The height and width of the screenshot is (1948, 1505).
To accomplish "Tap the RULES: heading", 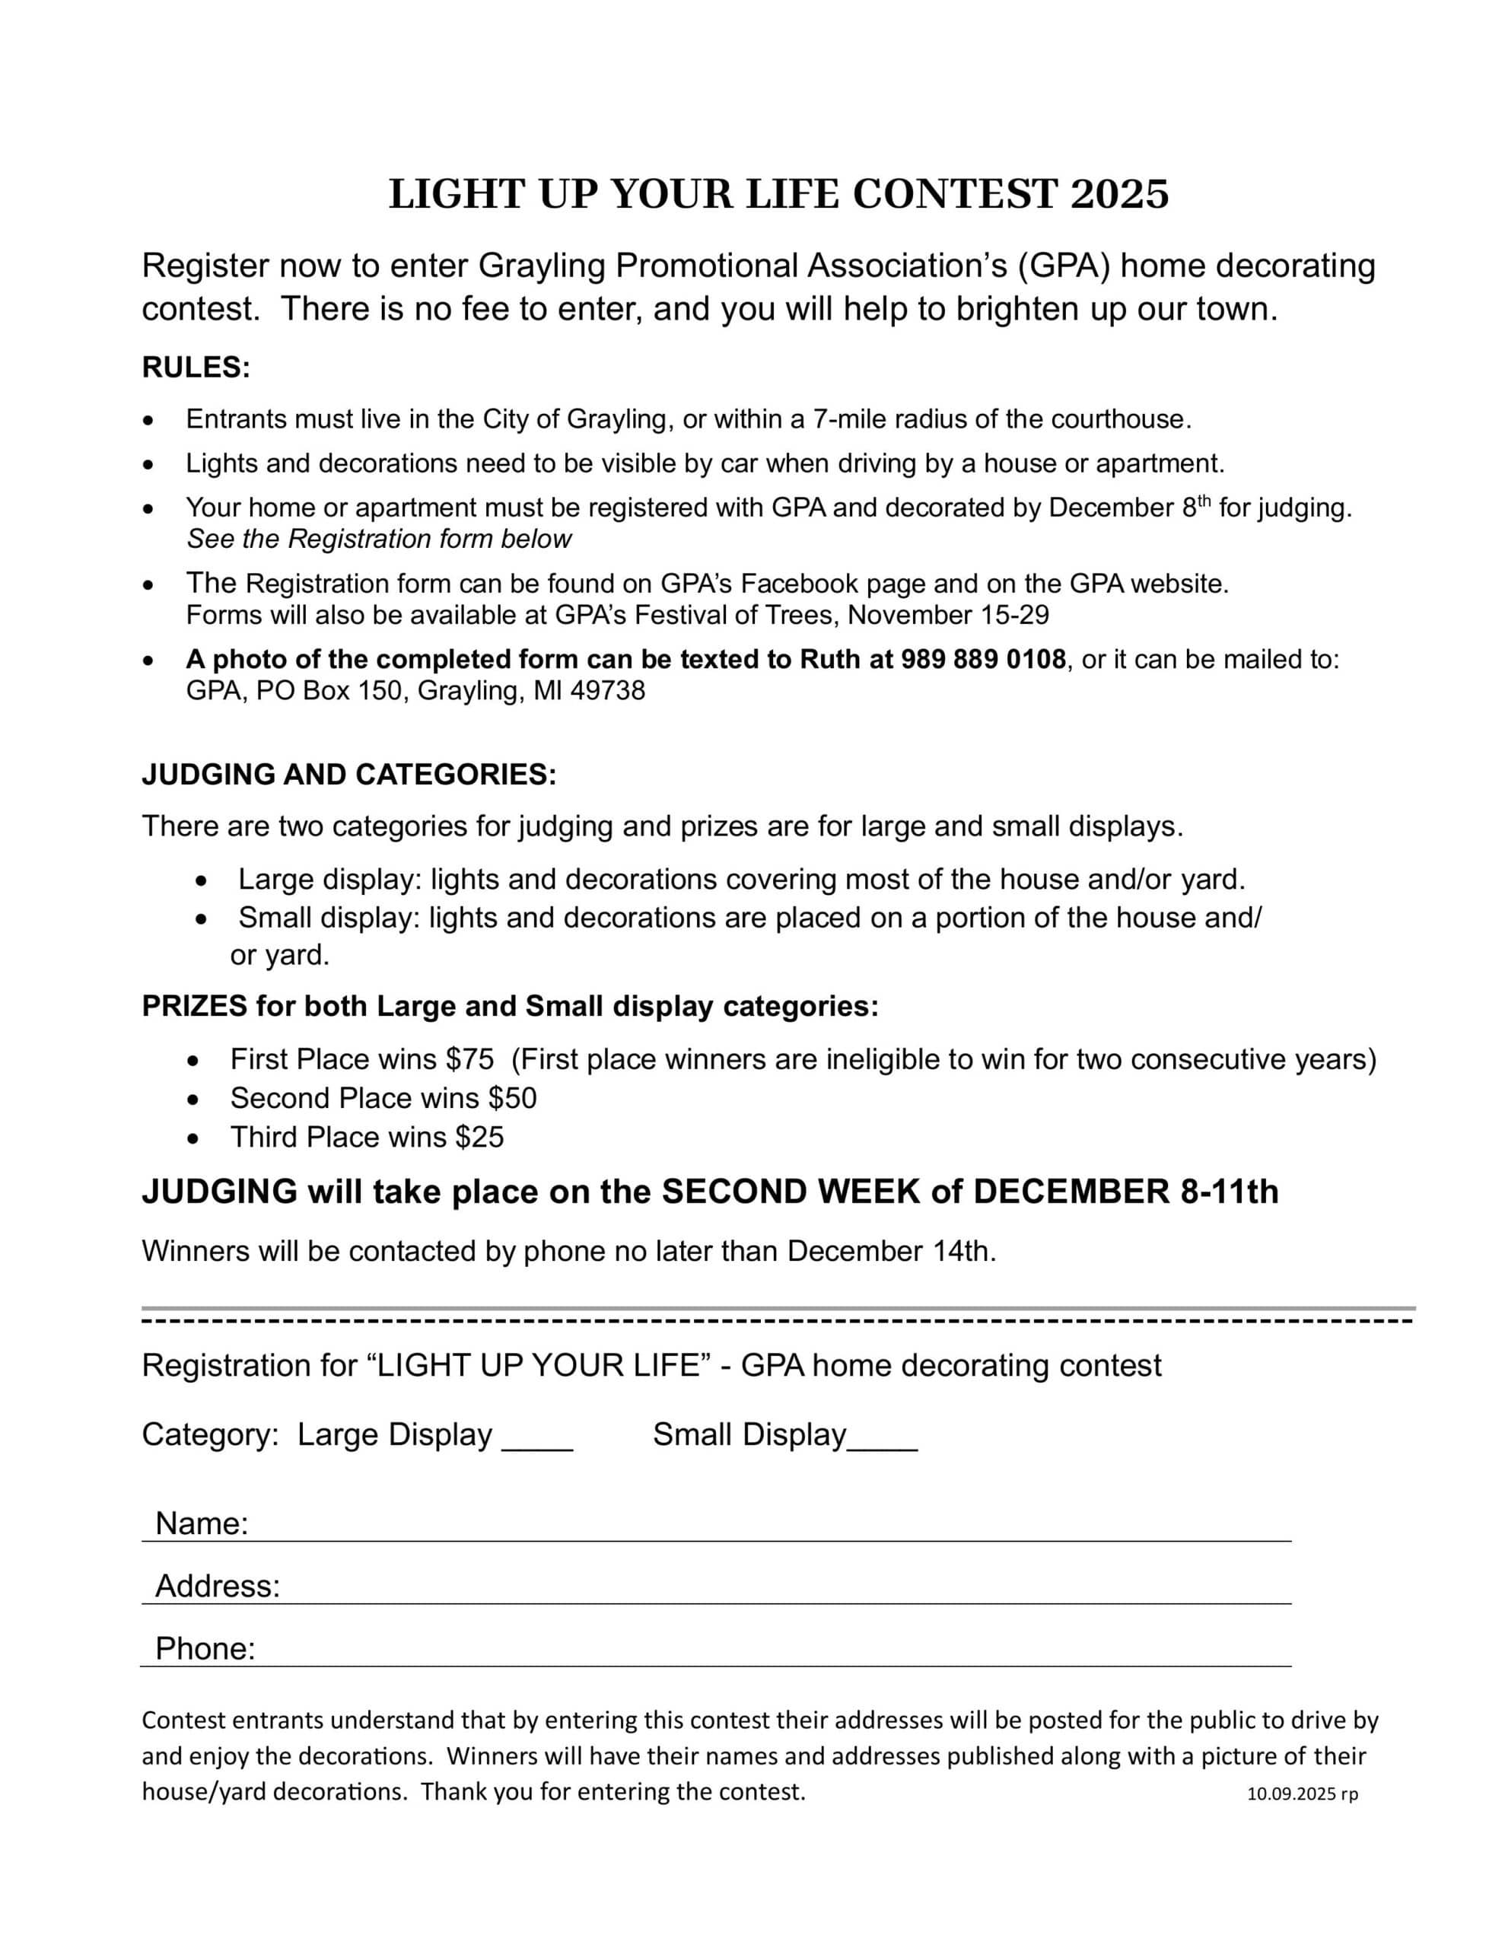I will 196,368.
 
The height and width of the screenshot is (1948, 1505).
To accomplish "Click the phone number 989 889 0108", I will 983,659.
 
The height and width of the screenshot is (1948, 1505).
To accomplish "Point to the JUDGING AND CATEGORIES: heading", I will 348,774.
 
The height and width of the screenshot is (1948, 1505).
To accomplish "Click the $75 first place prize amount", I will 469,1060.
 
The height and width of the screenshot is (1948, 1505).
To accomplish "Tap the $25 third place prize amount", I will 479,1138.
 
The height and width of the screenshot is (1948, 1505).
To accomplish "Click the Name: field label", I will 202,1523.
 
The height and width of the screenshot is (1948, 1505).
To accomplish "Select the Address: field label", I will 218,1586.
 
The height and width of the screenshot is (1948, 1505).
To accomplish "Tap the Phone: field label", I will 205,1648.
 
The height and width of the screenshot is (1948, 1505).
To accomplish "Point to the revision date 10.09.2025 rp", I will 1302,1794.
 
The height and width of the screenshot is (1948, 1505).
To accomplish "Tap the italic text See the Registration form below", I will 379,539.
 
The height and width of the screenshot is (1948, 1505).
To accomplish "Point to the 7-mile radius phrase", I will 874,419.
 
